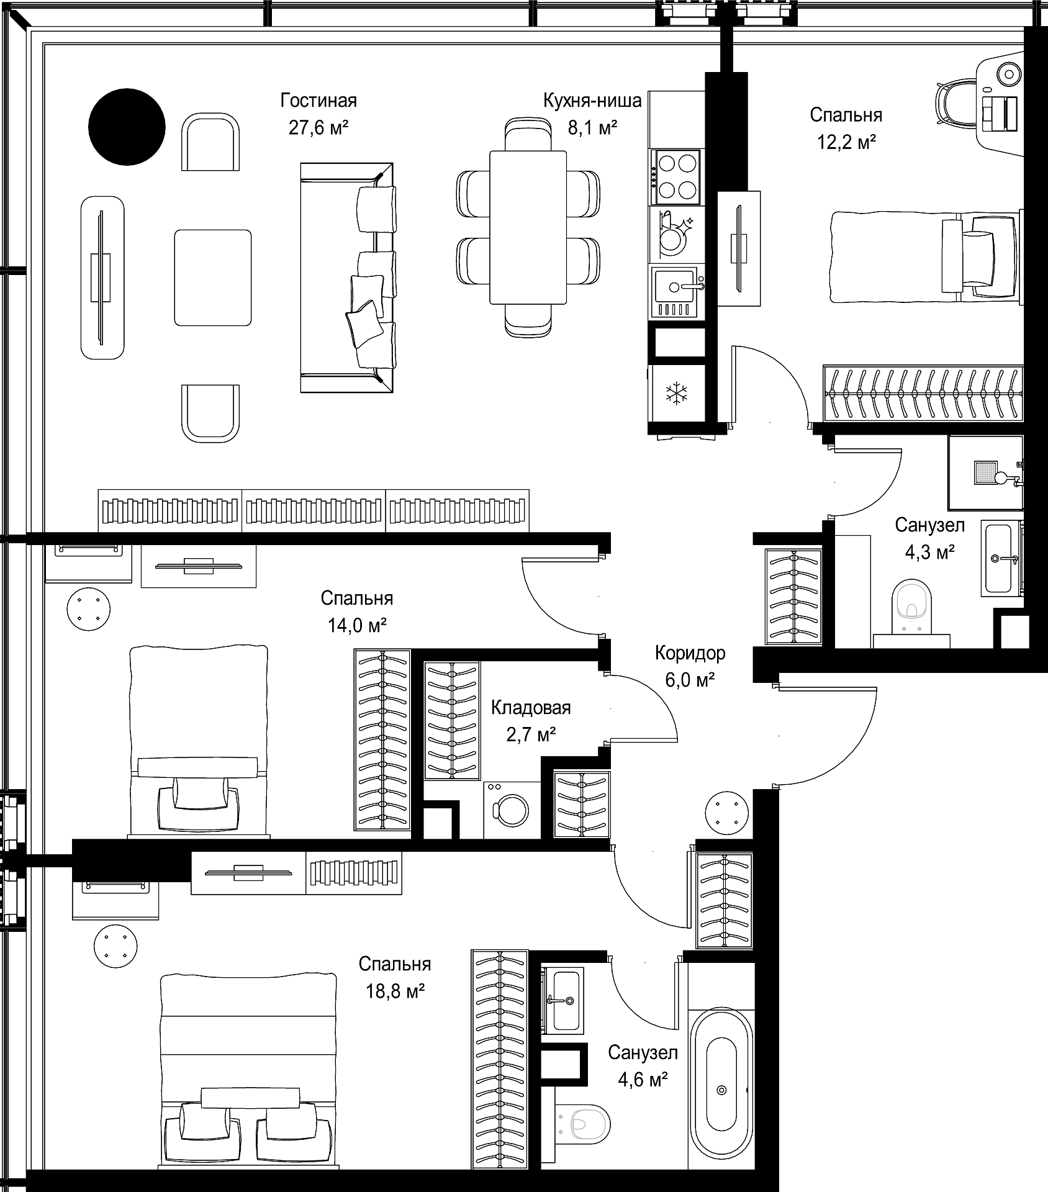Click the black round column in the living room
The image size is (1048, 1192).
click(x=127, y=127)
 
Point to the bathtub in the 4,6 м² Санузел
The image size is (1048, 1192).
click(x=721, y=1090)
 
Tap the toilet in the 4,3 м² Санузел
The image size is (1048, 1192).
click(x=911, y=615)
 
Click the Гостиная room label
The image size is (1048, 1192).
click(x=318, y=100)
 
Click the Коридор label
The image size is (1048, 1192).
click(x=690, y=653)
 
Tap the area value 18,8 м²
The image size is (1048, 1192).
click(x=395, y=991)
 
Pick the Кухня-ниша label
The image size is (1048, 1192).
click(x=592, y=100)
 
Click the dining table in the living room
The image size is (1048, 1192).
click(x=528, y=227)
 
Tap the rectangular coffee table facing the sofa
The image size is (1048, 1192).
click(x=213, y=278)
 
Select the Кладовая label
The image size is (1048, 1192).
click(x=531, y=708)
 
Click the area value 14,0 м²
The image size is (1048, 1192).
click(x=358, y=625)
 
